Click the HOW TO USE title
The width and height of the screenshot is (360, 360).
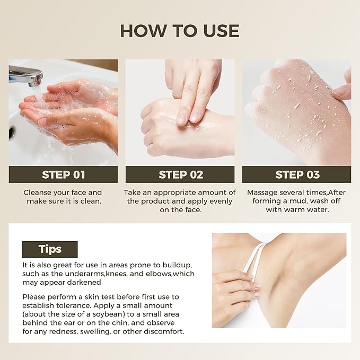pyautogui.click(x=180, y=31)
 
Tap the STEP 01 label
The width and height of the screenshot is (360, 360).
pyautogui.click(x=64, y=175)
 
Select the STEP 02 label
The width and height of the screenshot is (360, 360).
pyautogui.click(x=181, y=175)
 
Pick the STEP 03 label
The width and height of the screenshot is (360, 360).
pyautogui.click(x=297, y=175)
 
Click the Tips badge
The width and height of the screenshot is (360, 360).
pyautogui.click(x=50, y=249)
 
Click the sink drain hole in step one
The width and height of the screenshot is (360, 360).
pyautogui.click(x=11, y=133)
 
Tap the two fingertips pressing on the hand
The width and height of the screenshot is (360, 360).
pyautogui.click(x=188, y=118)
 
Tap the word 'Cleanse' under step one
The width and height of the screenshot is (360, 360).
pyautogui.click(x=38, y=192)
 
